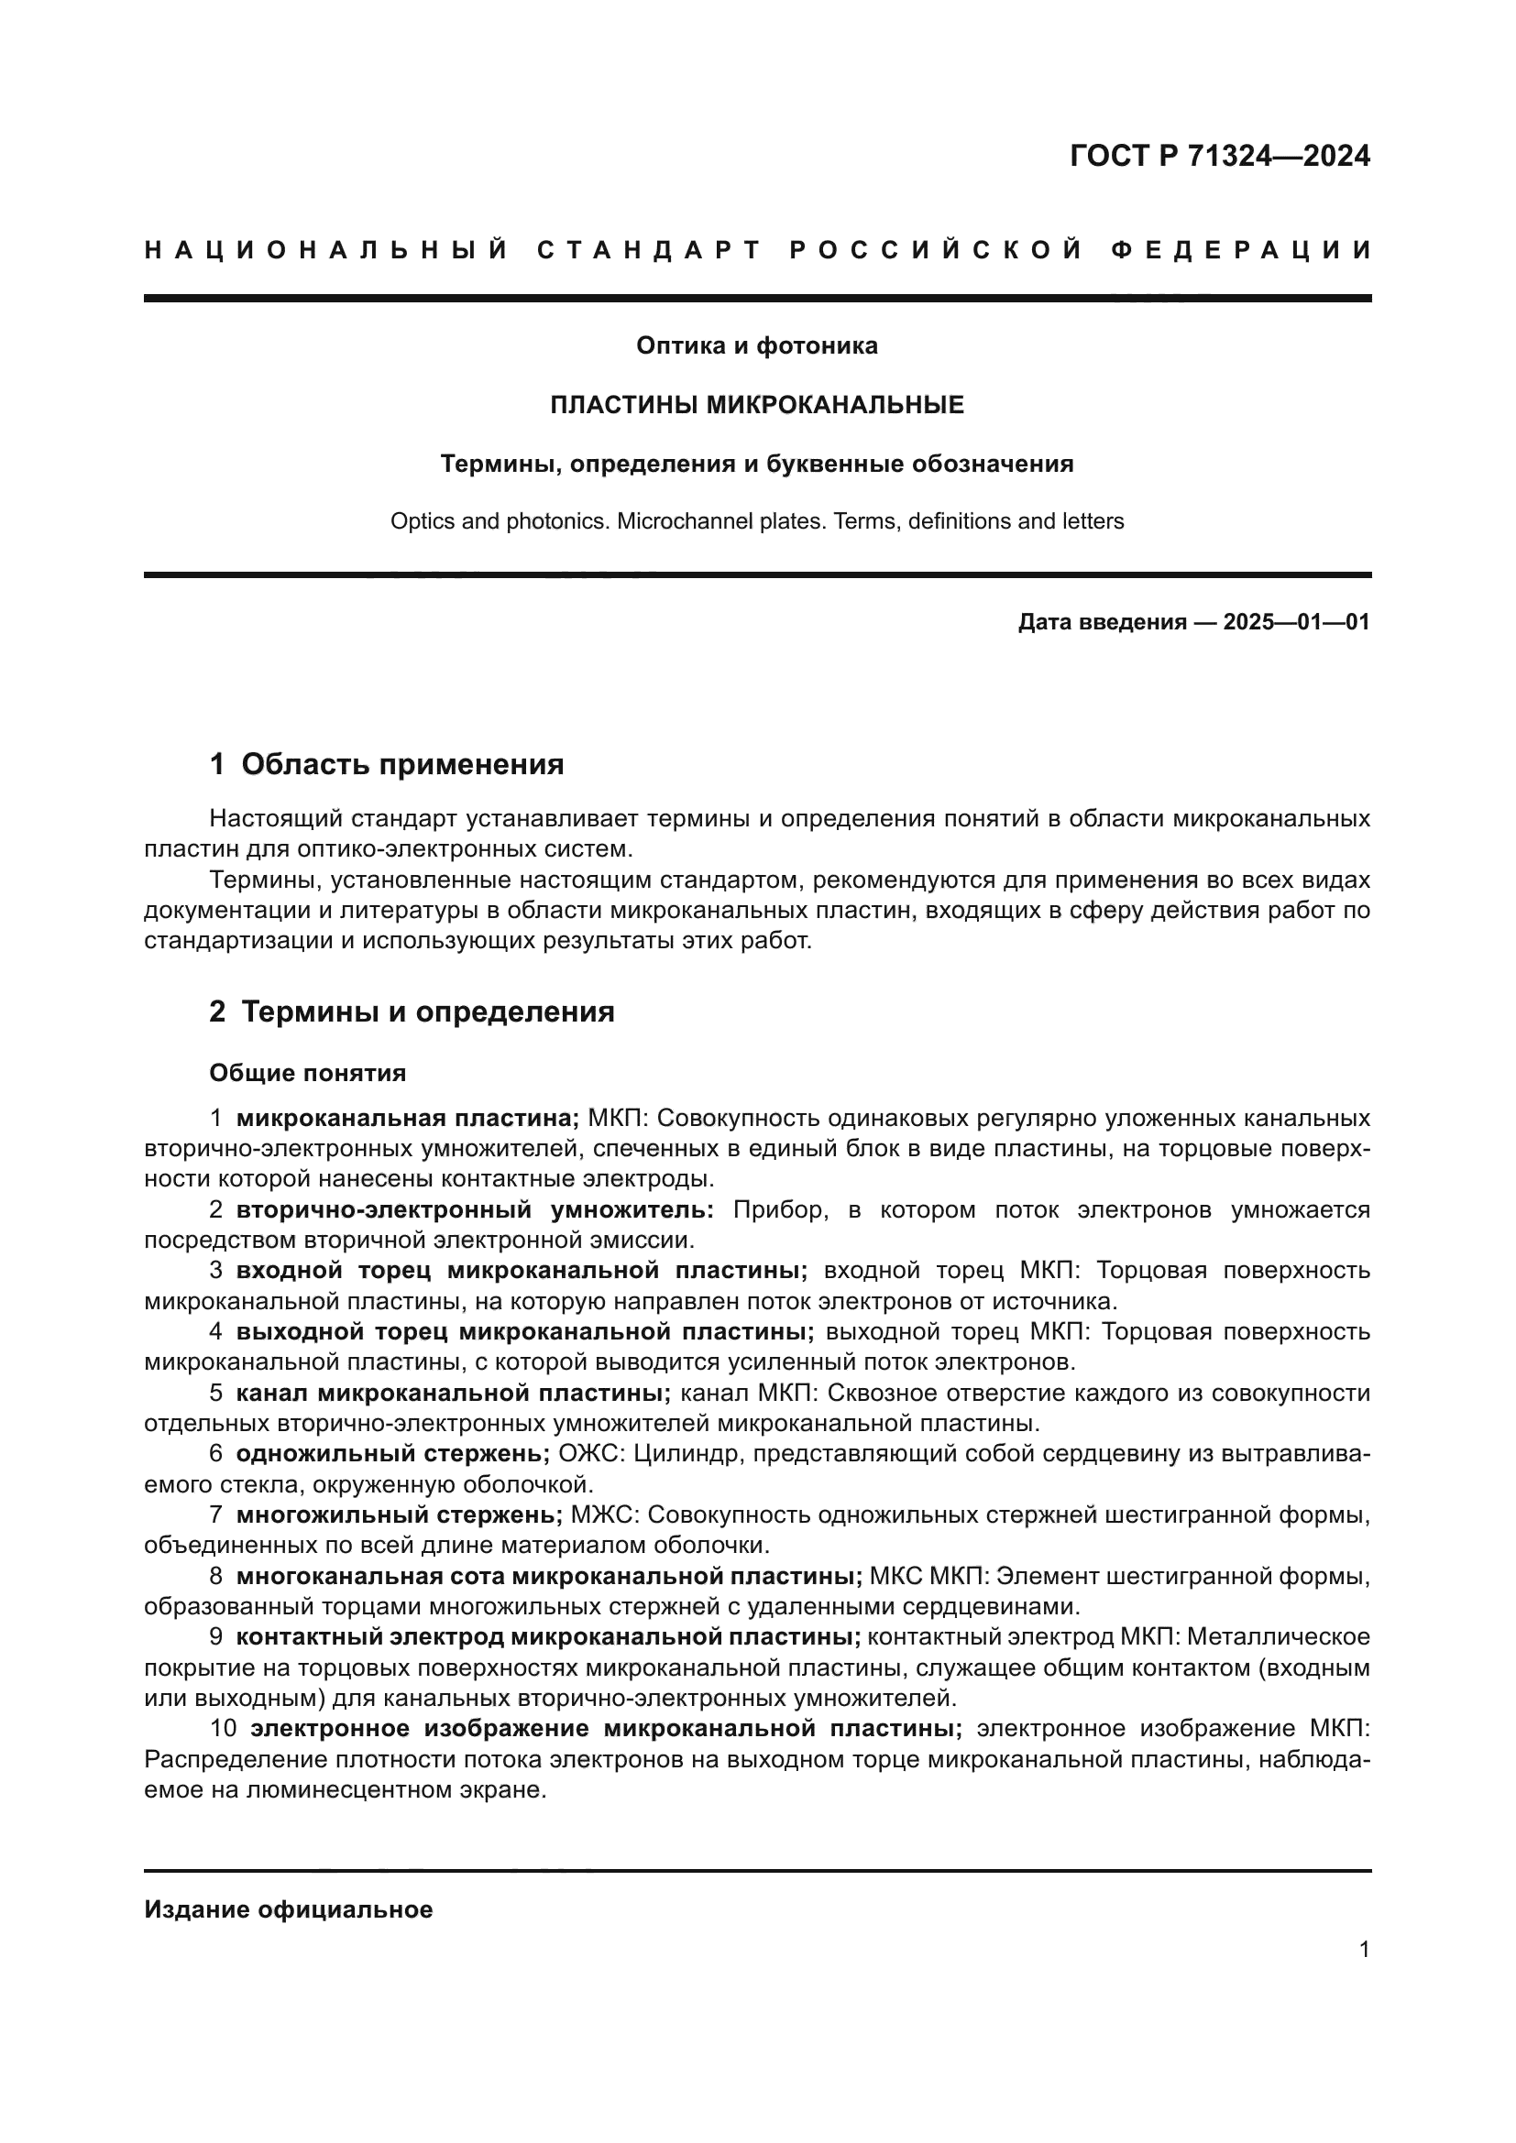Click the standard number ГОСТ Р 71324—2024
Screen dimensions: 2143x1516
[x=1219, y=156]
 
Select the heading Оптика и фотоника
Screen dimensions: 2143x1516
[x=756, y=346]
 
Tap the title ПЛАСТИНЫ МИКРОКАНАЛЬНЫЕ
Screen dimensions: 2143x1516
[x=756, y=405]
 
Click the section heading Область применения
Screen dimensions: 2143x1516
[x=402, y=764]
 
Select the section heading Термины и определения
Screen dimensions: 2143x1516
[x=427, y=1011]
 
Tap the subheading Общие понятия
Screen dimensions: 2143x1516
[x=307, y=1074]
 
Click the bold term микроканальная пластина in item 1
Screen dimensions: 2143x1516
[x=407, y=1118]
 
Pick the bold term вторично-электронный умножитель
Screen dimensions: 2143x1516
[x=474, y=1210]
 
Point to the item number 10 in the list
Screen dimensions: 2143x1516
[x=223, y=1729]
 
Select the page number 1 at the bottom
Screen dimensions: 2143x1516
[x=1364, y=1950]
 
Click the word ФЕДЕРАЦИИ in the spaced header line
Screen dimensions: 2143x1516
[x=1242, y=250]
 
